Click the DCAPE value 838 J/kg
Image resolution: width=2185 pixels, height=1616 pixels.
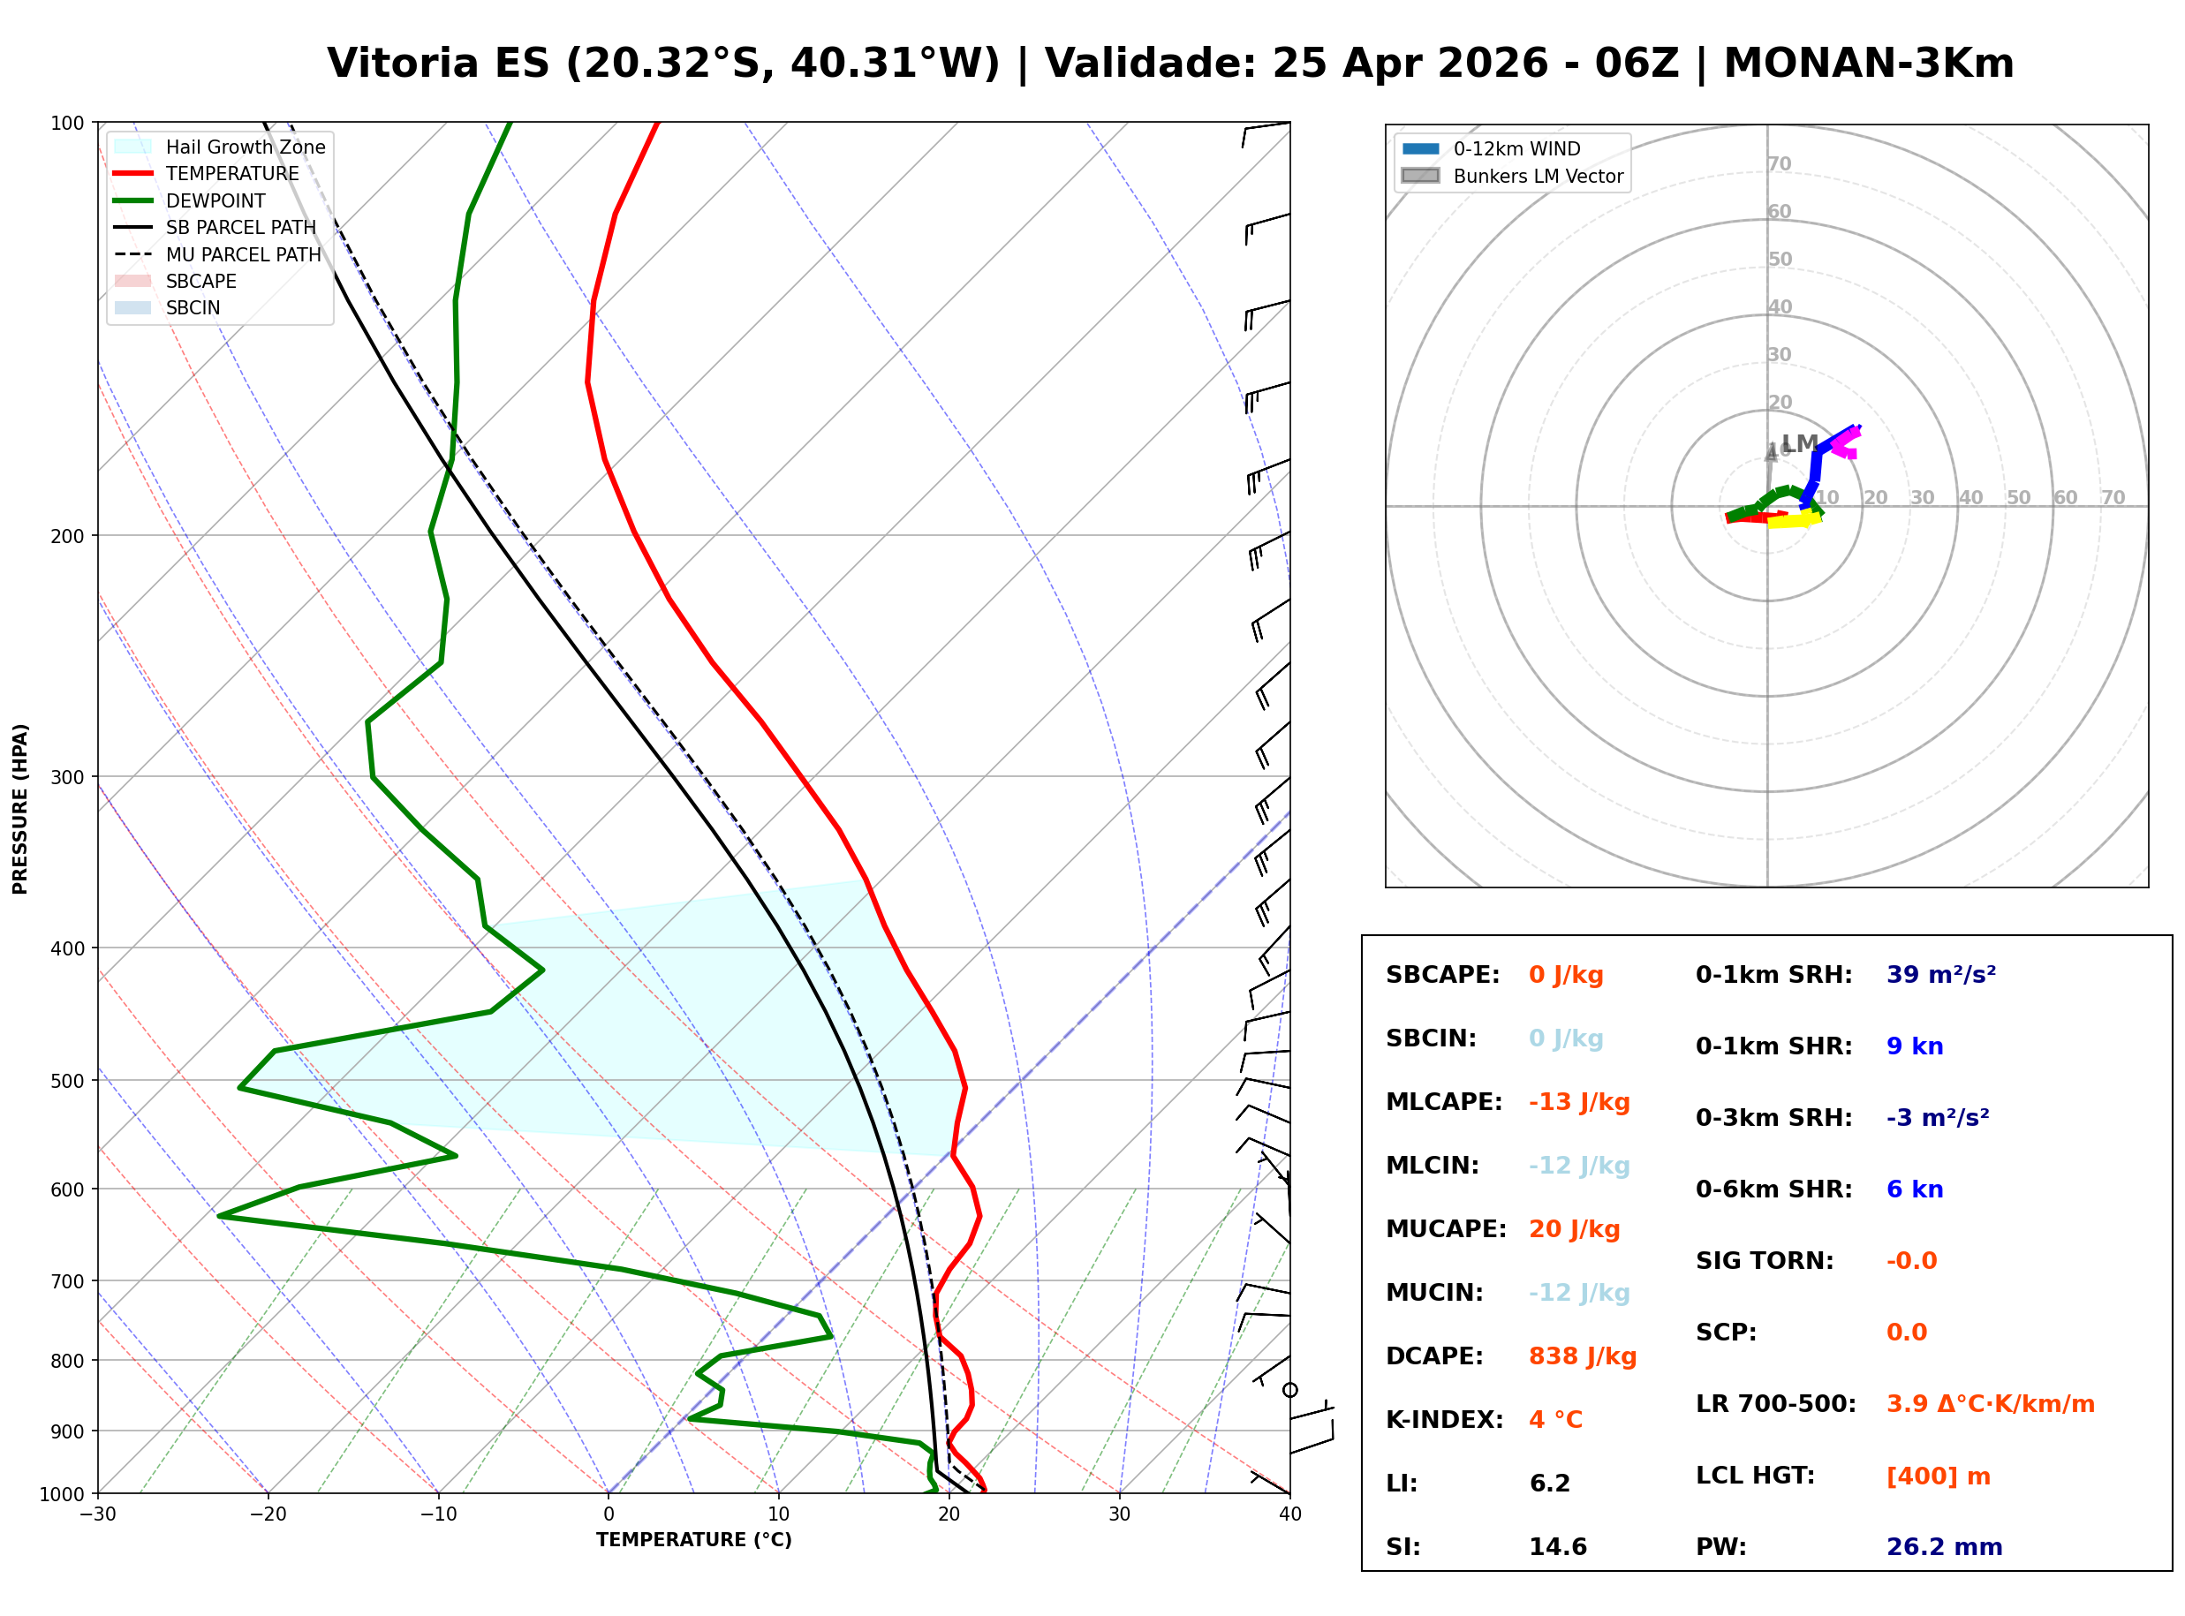1582,1356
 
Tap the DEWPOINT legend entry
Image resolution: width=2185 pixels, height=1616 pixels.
215,200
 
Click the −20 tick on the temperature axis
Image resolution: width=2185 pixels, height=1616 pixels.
268,1514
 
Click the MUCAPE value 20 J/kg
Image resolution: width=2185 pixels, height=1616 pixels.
1574,1229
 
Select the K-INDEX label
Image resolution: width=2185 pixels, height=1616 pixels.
1444,1420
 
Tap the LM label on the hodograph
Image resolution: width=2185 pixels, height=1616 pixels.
1799,443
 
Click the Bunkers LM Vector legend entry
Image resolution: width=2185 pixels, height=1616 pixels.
1538,176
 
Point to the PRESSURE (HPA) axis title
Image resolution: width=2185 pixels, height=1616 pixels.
20,809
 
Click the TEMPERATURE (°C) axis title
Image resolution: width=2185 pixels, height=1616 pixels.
693,1540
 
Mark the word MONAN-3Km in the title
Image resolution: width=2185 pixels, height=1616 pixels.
1868,64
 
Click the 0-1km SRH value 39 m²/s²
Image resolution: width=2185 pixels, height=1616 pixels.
1940,975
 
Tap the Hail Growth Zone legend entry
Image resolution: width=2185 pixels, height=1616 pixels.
245,147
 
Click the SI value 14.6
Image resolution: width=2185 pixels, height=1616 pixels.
1557,1547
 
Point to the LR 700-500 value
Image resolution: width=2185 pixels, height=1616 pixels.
1990,1405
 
